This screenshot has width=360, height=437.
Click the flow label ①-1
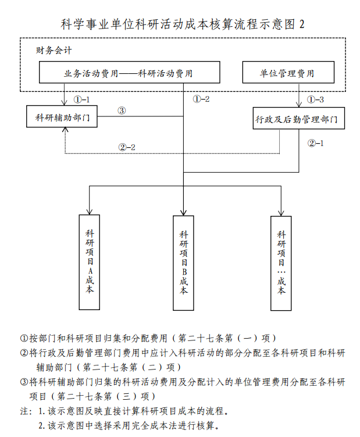pyautogui.click(x=81, y=100)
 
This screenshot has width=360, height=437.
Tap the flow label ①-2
pyautogui.click(x=201, y=99)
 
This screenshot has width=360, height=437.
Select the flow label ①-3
pyautogui.click(x=315, y=100)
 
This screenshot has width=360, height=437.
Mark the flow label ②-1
pyautogui.click(x=316, y=143)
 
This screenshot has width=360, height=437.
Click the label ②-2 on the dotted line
pyautogui.click(x=127, y=147)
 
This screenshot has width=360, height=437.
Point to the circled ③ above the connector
pyautogui.click(x=122, y=111)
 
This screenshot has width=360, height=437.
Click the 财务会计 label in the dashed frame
pyautogui.click(x=54, y=51)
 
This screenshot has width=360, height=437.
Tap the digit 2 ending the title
pyautogui.click(x=302, y=24)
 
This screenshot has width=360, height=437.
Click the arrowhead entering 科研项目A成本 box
pyautogui.click(x=90, y=212)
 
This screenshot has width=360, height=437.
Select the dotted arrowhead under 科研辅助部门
pyautogui.click(x=65, y=130)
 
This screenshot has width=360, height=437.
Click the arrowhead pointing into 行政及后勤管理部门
pyautogui.click(x=299, y=104)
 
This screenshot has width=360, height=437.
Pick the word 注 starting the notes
pyautogui.click(x=24, y=411)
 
